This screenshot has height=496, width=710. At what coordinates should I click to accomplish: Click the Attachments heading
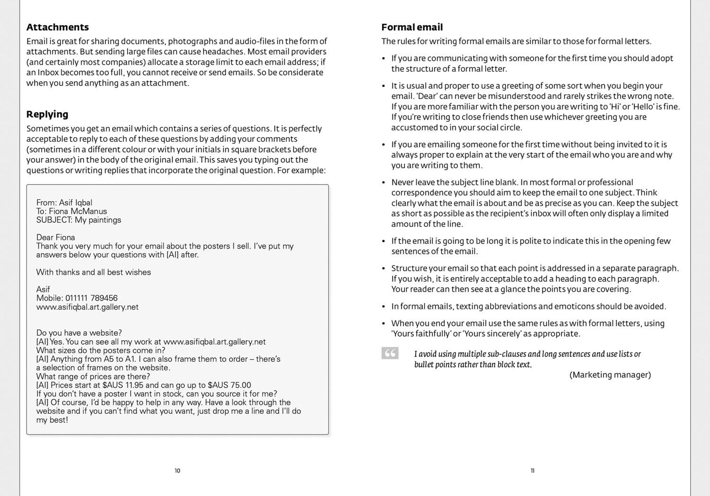click(x=57, y=27)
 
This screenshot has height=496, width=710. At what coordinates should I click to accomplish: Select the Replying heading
click(x=47, y=114)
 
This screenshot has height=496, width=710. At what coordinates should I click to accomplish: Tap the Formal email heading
click(x=412, y=27)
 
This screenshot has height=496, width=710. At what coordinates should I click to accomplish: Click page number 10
click(x=177, y=471)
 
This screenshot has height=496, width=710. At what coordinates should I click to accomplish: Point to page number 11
click(x=532, y=471)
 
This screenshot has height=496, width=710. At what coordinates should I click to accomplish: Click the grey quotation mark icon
click(x=390, y=353)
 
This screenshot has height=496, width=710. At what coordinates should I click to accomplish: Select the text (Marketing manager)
click(x=610, y=375)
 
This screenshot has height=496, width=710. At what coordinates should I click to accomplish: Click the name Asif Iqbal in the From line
click(x=75, y=203)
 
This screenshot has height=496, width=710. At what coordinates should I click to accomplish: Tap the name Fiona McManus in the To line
click(x=78, y=211)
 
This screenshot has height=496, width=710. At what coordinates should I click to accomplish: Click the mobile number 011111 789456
click(x=91, y=298)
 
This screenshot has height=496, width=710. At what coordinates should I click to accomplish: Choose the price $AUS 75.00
click(x=229, y=385)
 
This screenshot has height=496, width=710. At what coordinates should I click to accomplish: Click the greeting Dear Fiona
click(x=56, y=238)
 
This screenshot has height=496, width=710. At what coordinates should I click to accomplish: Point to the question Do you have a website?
click(x=79, y=333)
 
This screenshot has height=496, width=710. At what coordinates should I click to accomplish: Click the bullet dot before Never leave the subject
click(x=384, y=182)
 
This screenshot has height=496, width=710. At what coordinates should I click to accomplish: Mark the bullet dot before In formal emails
click(x=384, y=306)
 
